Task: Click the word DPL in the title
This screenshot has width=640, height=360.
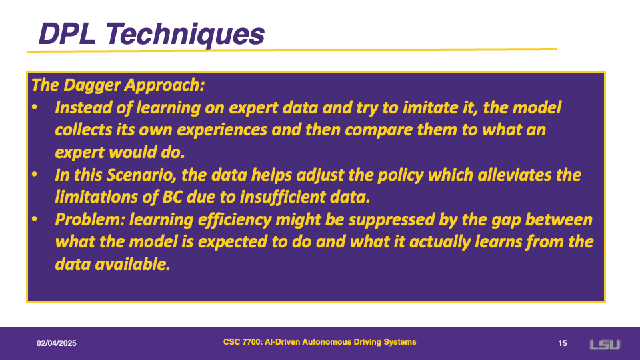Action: click(x=67, y=33)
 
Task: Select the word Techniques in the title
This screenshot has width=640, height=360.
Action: click(x=185, y=35)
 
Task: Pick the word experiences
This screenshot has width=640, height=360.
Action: click(x=222, y=130)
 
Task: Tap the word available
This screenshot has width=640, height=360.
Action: click(x=132, y=265)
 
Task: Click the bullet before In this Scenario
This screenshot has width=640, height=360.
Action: click(x=35, y=175)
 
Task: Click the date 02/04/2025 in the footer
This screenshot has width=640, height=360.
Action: click(x=56, y=343)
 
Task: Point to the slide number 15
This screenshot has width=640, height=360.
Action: click(x=563, y=343)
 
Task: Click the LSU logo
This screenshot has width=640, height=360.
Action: click(x=605, y=345)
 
